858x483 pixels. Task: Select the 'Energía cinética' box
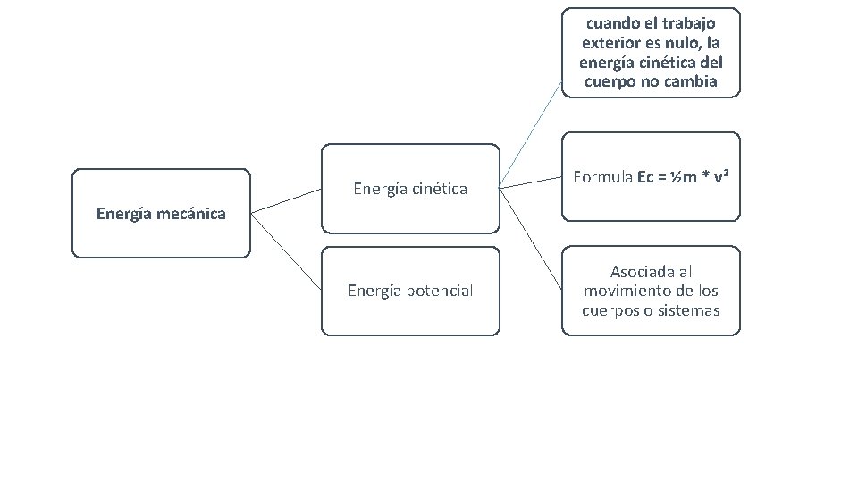tap(410, 189)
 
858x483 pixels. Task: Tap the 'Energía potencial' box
tap(410, 291)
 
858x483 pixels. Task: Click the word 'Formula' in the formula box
tap(603, 177)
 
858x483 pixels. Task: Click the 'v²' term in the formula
tap(719, 177)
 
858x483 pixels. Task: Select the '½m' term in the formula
tap(685, 177)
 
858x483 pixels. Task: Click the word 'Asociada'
tap(638, 272)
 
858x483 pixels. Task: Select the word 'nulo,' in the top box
tap(683, 43)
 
